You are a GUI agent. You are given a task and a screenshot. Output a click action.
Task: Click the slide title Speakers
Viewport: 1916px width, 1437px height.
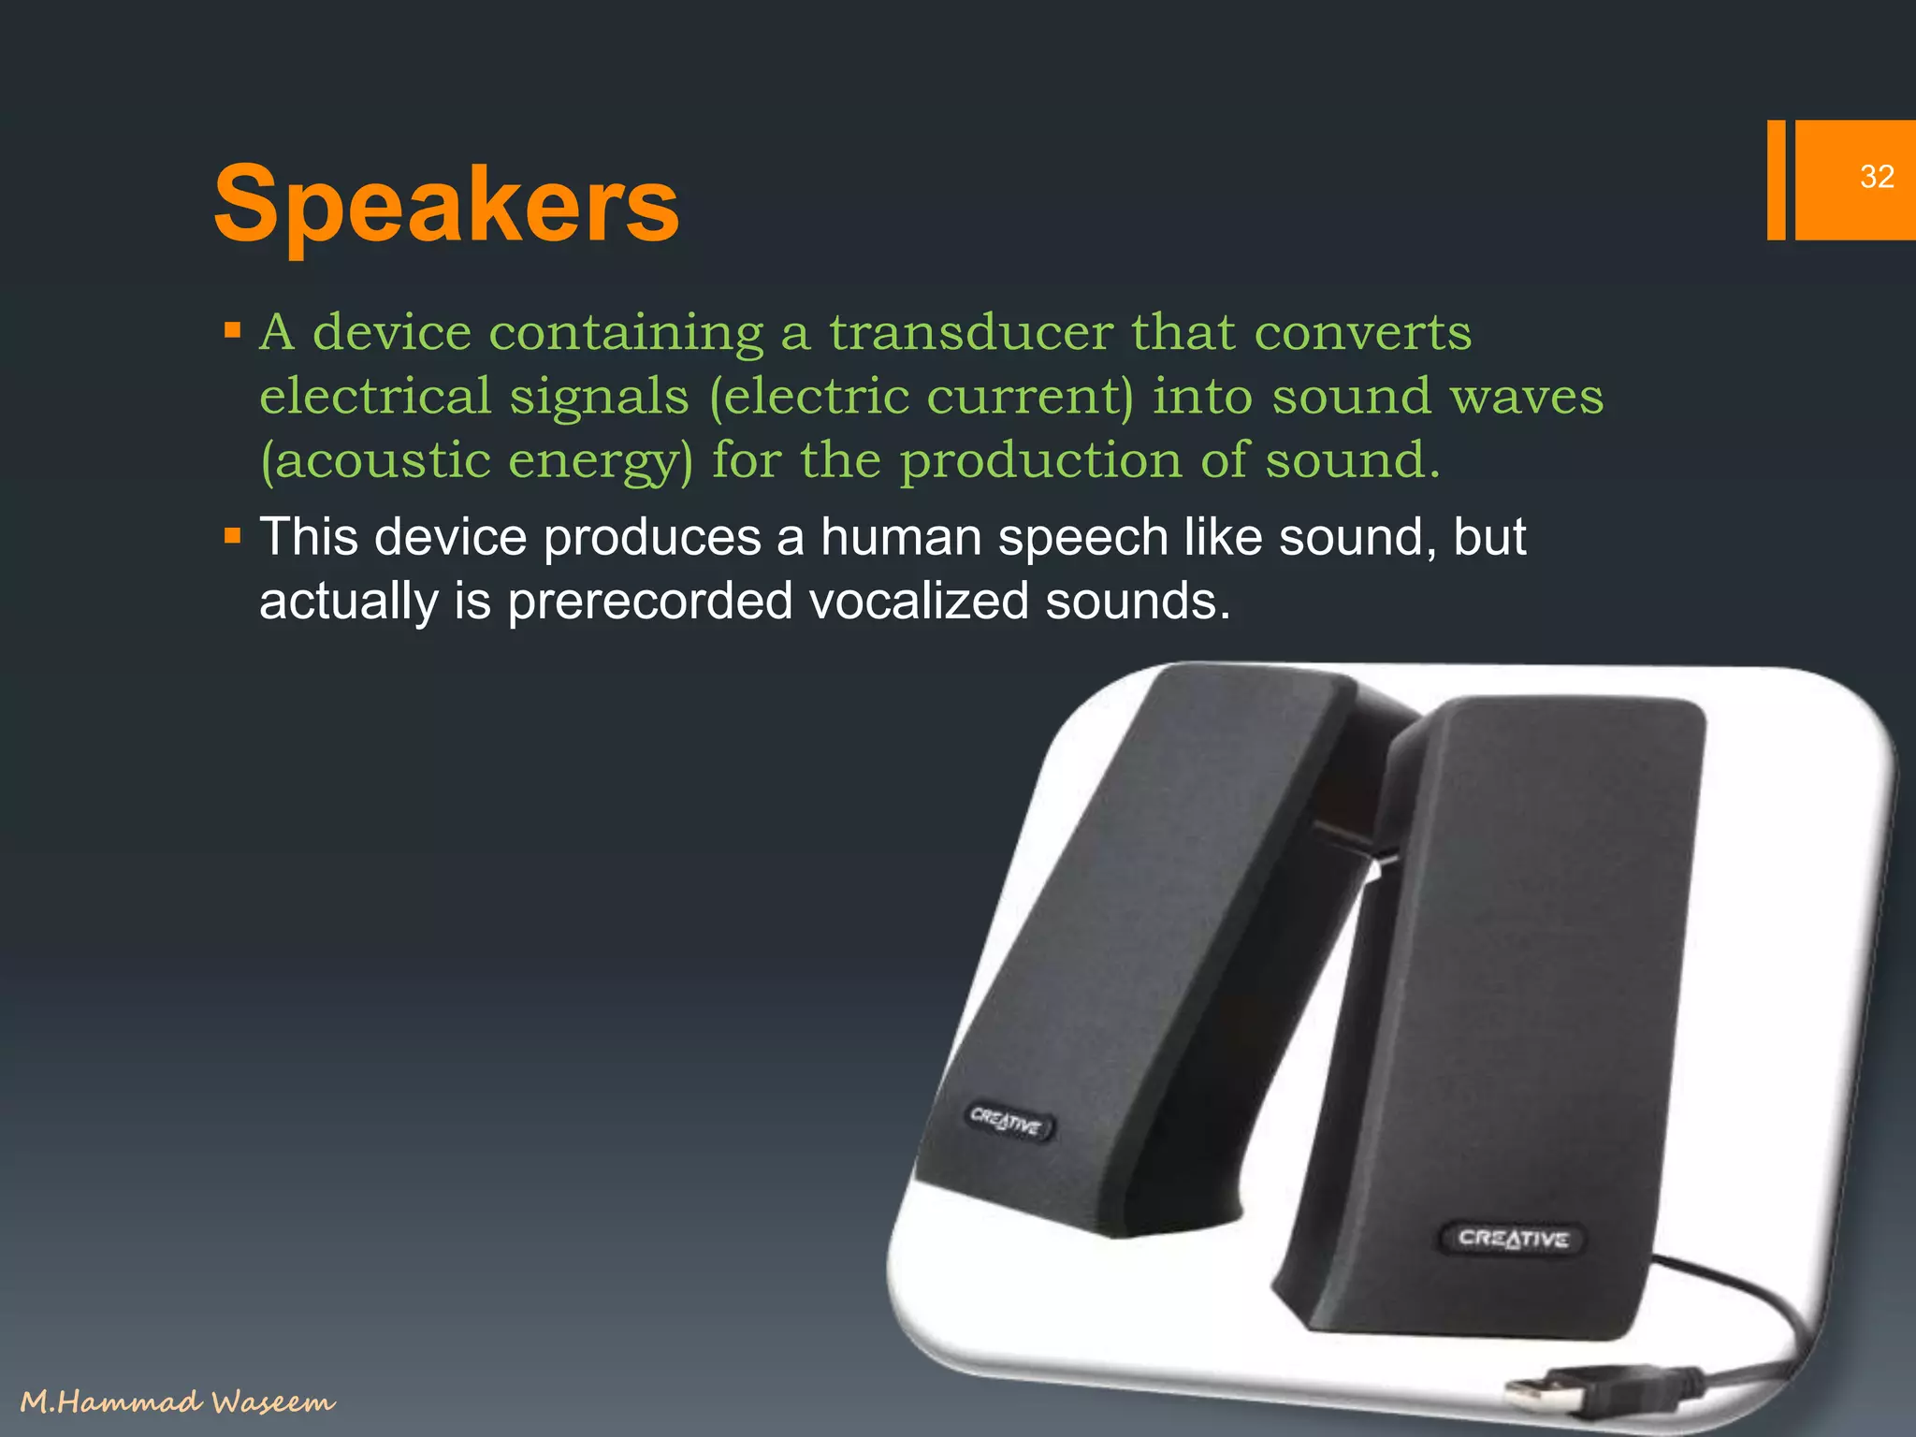[446, 204]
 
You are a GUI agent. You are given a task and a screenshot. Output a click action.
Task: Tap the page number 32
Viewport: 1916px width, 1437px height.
[1877, 177]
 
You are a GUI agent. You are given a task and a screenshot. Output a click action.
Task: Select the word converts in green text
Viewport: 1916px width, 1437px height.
[1362, 333]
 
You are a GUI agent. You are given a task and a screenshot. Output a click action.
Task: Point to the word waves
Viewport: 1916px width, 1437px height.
[1527, 397]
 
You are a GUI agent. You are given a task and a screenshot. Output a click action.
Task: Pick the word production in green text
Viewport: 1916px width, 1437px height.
[1041, 460]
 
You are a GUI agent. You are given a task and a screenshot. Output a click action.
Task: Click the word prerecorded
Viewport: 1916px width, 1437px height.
[649, 601]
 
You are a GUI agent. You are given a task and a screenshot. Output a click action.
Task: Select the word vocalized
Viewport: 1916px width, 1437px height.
[919, 601]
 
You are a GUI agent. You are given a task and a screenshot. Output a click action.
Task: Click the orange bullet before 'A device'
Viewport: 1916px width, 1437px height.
[233, 331]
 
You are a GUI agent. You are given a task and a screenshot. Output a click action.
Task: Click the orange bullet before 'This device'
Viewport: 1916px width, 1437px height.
[233, 537]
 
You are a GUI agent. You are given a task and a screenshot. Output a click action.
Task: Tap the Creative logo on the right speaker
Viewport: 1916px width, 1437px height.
[1513, 1239]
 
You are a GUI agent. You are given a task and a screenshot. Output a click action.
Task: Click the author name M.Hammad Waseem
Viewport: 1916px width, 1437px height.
[178, 1401]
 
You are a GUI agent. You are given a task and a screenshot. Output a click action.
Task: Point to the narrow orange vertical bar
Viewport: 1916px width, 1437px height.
[1776, 180]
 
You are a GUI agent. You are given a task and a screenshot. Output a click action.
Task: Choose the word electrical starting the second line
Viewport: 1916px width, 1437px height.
[375, 397]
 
